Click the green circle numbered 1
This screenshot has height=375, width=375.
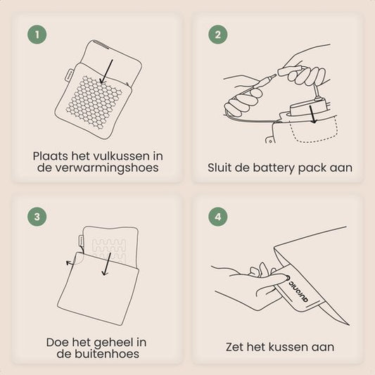point(37,34)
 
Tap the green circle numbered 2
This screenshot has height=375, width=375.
point(218,34)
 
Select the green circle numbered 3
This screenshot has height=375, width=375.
point(37,217)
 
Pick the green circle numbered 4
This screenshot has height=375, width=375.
point(218,217)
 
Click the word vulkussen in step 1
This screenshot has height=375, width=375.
point(121,156)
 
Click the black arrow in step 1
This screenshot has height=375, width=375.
point(106,72)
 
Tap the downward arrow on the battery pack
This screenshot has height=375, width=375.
point(313,114)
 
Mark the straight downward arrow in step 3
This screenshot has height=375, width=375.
point(107,264)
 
